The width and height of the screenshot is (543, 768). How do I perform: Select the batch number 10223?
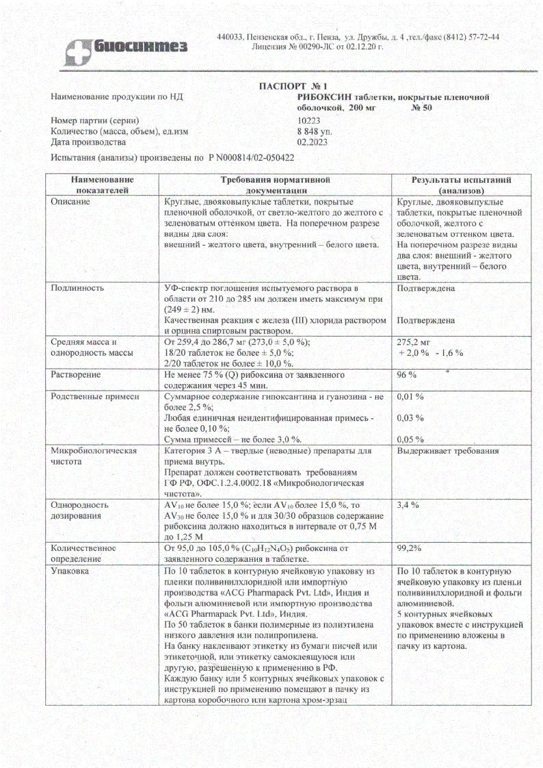[x=308, y=120]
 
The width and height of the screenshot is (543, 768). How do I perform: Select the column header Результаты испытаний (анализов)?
[x=461, y=184]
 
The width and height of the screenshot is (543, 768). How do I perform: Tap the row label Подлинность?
[x=76, y=288]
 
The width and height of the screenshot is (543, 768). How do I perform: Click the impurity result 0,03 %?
[x=410, y=418]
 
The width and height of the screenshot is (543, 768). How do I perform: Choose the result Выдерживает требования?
[x=447, y=450]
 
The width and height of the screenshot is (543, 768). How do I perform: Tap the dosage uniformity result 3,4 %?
[x=408, y=504]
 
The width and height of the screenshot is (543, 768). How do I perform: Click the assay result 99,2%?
[x=410, y=548]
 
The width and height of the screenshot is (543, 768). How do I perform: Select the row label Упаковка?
[x=70, y=570]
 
